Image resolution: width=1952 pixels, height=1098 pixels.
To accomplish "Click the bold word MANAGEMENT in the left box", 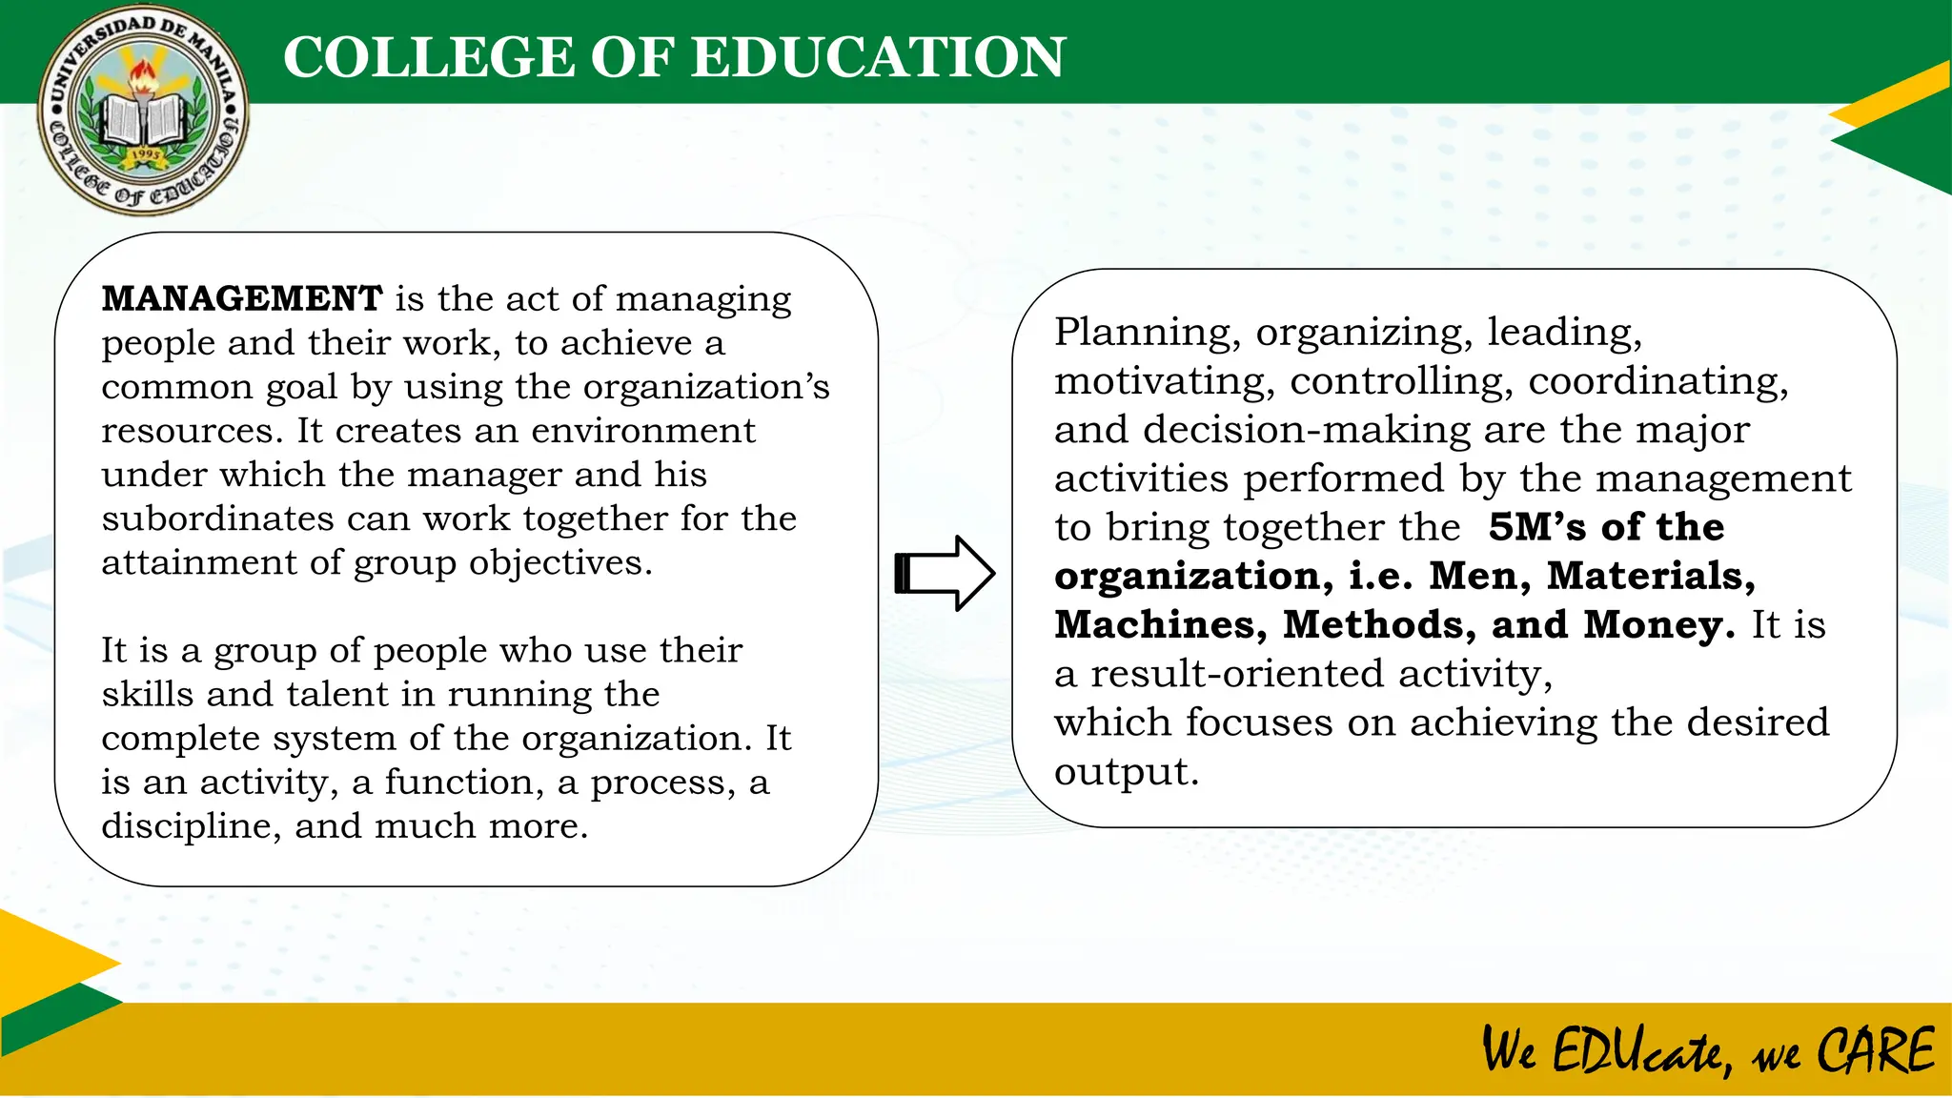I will point(242,299).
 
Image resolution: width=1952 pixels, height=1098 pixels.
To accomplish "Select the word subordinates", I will point(217,518).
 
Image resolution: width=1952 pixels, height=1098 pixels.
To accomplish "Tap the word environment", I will point(643,431).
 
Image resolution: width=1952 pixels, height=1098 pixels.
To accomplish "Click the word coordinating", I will point(1658,381).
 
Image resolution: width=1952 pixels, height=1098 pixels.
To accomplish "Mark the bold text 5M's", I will point(1537,527).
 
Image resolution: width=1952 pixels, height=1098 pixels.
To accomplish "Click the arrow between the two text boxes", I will point(945,573).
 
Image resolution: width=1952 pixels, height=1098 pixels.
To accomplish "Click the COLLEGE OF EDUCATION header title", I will point(674,57).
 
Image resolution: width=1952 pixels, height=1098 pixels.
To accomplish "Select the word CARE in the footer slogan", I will point(1875,1051).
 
